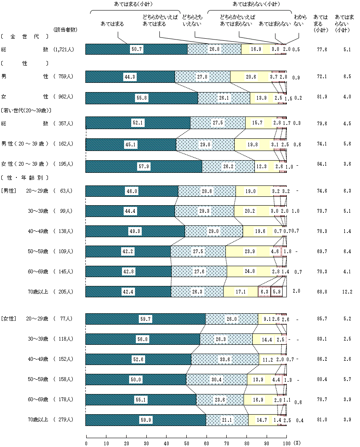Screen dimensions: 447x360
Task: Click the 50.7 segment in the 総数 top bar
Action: [136, 49]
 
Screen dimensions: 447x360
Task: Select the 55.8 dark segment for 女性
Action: [142, 98]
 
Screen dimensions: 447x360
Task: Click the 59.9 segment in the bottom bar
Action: [146, 420]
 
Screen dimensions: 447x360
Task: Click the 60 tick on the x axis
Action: [206, 443]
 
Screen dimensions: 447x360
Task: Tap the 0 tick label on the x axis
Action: [86, 443]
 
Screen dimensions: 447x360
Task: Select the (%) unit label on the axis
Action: [297, 443]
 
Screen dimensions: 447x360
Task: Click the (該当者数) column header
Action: [66, 30]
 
